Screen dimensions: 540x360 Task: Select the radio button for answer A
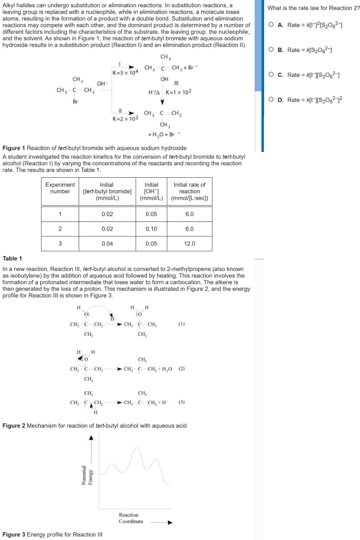click(x=270, y=25)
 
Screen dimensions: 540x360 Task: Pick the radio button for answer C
click(x=270, y=75)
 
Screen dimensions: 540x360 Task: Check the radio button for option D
click(x=270, y=99)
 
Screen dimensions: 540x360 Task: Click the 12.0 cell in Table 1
click(x=189, y=243)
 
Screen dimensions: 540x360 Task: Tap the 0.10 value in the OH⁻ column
click(x=151, y=229)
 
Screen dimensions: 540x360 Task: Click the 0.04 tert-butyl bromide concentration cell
click(x=107, y=243)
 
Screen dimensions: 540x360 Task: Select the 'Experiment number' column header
click(x=60, y=188)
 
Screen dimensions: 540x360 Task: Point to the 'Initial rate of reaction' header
click(x=189, y=191)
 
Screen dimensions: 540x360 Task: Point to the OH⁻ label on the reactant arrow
click(x=102, y=84)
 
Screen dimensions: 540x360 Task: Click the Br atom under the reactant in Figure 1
click(x=76, y=101)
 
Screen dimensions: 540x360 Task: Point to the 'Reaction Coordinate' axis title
click(x=131, y=518)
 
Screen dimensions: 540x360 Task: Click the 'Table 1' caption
click(x=12, y=259)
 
